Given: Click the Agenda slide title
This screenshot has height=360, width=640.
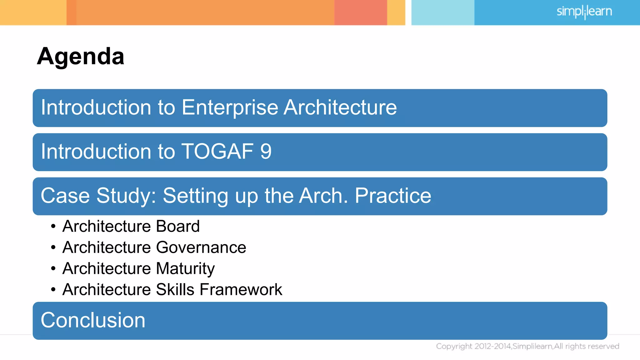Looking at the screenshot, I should [81, 57].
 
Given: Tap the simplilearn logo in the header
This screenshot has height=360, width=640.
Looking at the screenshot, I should [584, 12].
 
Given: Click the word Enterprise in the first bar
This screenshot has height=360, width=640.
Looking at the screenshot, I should [230, 107].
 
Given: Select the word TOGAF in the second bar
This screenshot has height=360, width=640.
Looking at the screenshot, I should [217, 152].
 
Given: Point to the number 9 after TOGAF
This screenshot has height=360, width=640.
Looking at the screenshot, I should [266, 152].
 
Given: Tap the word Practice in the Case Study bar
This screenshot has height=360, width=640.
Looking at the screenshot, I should [393, 196].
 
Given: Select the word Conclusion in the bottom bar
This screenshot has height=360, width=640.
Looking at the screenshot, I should [93, 320].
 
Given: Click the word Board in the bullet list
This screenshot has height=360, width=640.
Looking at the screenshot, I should [177, 226].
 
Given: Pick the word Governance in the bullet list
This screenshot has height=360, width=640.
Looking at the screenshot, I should [201, 247].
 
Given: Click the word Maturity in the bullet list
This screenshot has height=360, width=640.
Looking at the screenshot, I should [185, 268].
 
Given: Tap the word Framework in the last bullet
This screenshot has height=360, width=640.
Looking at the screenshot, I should [241, 289].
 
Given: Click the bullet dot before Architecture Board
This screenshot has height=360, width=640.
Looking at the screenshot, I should [53, 226].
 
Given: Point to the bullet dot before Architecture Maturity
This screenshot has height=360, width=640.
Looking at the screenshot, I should [53, 268].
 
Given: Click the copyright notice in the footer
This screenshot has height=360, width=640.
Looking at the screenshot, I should [527, 346].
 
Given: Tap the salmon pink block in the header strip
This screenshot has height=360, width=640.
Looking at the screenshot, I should [360, 12].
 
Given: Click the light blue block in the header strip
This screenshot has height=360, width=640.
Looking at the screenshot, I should [442, 12].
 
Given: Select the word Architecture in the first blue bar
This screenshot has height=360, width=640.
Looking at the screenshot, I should [340, 107].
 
